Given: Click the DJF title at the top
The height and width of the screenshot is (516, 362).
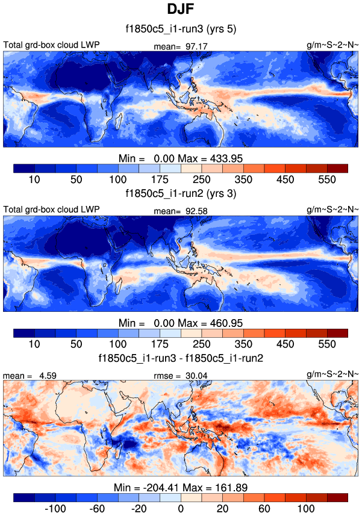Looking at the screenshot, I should tap(181, 10).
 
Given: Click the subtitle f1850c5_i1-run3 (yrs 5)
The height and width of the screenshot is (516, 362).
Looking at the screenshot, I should tap(181, 30).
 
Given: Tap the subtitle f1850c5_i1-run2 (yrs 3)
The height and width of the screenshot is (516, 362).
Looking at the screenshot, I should tap(181, 194).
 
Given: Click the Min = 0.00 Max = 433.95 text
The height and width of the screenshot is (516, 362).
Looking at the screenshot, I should tap(181, 158).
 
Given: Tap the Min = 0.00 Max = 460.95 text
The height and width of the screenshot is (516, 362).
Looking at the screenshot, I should tap(181, 322).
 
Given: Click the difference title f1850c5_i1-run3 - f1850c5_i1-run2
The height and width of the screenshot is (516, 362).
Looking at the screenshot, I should tap(181, 358).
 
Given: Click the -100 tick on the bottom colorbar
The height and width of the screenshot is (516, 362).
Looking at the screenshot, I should tap(55, 508).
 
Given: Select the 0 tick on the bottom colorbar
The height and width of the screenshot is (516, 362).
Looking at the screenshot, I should tap(181, 508).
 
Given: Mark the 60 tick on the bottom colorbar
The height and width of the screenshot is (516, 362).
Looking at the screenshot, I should tap(264, 508).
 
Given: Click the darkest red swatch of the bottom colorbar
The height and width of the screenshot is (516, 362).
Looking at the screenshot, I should tap(337, 497).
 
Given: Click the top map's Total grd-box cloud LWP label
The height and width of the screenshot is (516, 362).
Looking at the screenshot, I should tap(51, 45).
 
